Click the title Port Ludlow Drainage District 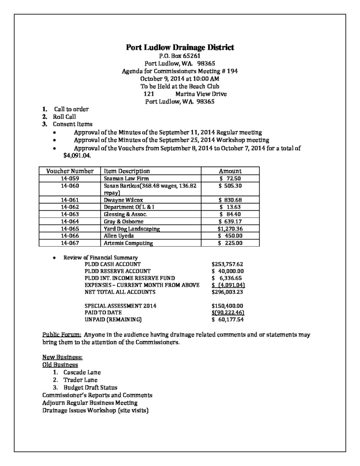click(180, 47)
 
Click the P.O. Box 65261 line click(180, 56)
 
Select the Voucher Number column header click(70, 171)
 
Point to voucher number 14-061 click(70, 200)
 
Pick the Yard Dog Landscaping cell click(132, 229)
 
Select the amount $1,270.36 click(230, 229)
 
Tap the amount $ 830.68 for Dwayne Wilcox click(230, 200)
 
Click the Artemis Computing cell click(128, 243)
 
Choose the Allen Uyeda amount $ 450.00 click(230, 236)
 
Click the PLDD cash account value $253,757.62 click(228, 264)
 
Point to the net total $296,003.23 click(228, 292)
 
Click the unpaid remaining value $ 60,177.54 click(229, 319)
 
